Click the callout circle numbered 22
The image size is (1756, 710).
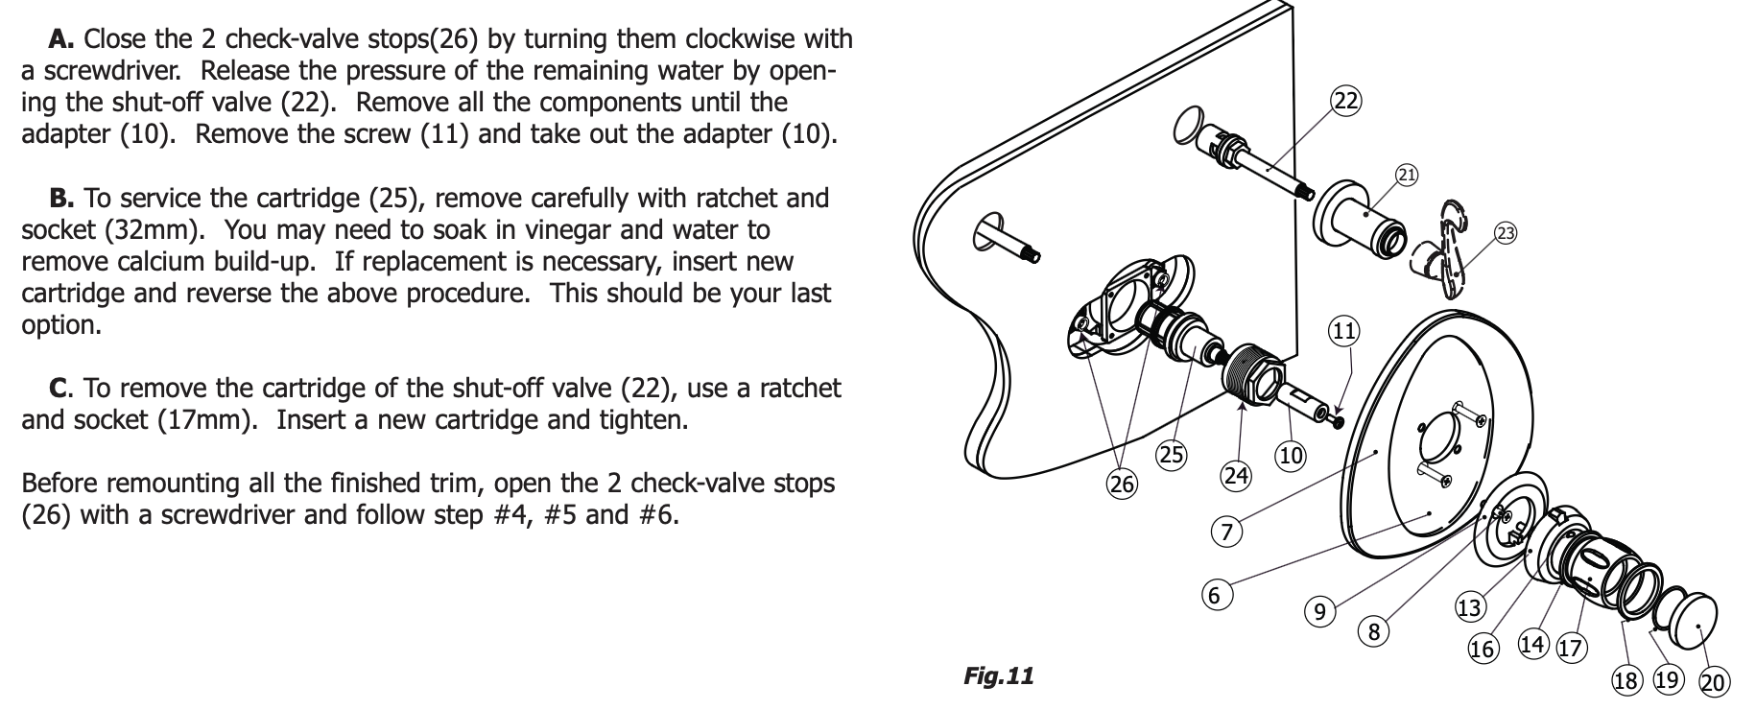(x=1346, y=101)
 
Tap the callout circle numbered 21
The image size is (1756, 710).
(x=1407, y=175)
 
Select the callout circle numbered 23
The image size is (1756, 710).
(x=1506, y=233)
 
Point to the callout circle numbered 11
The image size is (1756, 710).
(x=1343, y=332)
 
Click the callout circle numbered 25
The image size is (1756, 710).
(x=1172, y=455)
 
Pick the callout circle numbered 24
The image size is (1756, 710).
(x=1236, y=475)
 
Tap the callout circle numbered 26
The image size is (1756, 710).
(x=1122, y=485)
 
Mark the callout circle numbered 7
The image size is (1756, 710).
(x=1226, y=532)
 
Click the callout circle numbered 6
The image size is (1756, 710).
(x=1214, y=596)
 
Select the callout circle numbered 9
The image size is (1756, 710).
(x=1320, y=611)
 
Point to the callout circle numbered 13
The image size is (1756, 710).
(x=1469, y=607)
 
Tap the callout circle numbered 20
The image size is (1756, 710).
(x=1714, y=683)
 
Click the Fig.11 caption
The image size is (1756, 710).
(x=998, y=676)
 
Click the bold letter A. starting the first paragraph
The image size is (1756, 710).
(x=61, y=39)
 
